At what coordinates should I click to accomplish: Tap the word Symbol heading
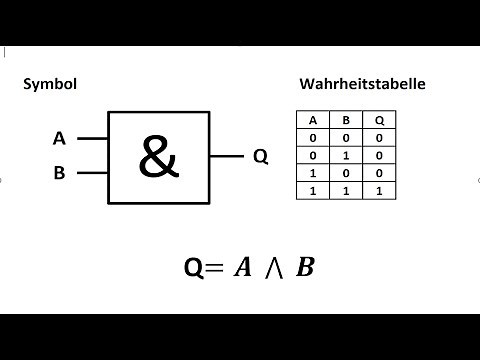coord(50,85)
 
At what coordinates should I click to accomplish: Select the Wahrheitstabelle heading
coord(362,85)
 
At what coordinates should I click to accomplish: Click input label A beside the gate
coord(59,139)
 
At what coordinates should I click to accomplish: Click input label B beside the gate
coord(59,173)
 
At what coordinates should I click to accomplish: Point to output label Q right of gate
coord(260,157)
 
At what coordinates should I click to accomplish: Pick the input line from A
coord(92,139)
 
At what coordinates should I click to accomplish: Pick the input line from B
coord(92,173)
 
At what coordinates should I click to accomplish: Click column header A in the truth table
coord(313,119)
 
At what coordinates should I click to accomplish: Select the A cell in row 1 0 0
coord(313,171)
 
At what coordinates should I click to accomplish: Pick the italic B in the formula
coord(305,267)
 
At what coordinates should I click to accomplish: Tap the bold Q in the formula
coord(195,268)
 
